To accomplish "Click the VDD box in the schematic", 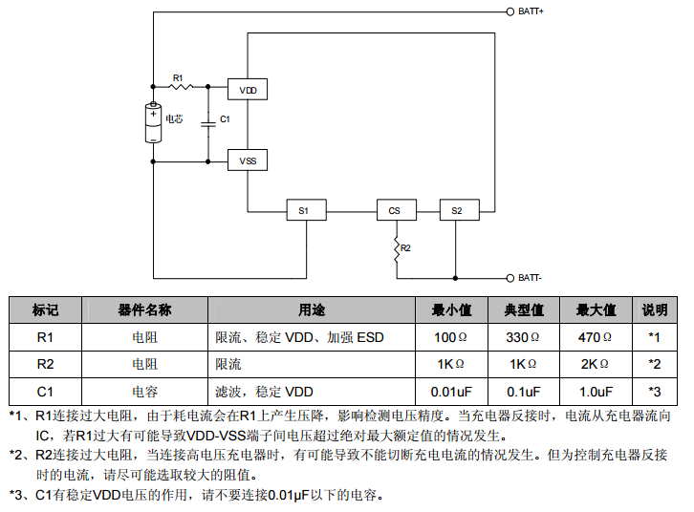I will pyautogui.click(x=248, y=90).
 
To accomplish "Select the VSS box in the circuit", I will pyautogui.click(x=248, y=161).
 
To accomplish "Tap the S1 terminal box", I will pyautogui.click(x=304, y=210).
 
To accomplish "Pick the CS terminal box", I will pyautogui.click(x=395, y=210).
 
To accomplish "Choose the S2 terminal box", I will pyautogui.click(x=456, y=210).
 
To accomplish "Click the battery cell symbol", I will pyautogui.click(x=153, y=122).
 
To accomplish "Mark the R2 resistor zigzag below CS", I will pyautogui.click(x=395, y=248).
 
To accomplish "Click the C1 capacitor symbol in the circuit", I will pyautogui.click(x=207, y=121).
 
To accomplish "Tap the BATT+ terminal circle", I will pyautogui.click(x=510, y=12).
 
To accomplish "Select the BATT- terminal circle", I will pyautogui.click(x=510, y=278).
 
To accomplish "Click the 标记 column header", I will pyautogui.click(x=45, y=310).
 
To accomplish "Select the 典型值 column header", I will pyautogui.click(x=523, y=310).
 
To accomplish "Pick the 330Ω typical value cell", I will pyautogui.click(x=523, y=337).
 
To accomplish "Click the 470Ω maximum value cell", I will pyautogui.click(x=595, y=337).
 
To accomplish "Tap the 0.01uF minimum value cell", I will pyautogui.click(x=451, y=392).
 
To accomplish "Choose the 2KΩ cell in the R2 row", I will pyautogui.click(x=595, y=364).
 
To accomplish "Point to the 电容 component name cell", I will pyautogui.click(x=144, y=392).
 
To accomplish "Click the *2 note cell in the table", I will pyautogui.click(x=654, y=364).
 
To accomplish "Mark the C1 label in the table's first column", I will pyautogui.click(x=45, y=392).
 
